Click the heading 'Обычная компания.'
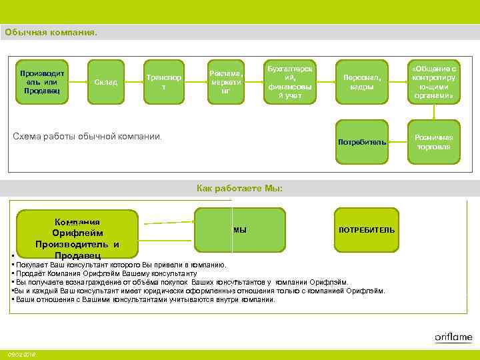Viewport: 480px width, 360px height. pyautogui.click(x=51, y=31)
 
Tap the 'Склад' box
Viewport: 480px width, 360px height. pyautogui.click(x=106, y=82)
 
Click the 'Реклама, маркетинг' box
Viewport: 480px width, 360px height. pyautogui.click(x=226, y=82)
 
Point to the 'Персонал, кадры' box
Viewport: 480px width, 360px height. pyautogui.click(x=362, y=82)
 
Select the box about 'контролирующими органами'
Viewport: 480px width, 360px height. pyautogui.click(x=433, y=82)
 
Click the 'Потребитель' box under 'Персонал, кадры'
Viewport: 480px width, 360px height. pyautogui.click(x=362, y=142)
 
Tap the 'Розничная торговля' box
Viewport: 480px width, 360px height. pyautogui.click(x=433, y=142)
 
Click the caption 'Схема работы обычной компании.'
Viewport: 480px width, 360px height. pyautogui.click(x=88, y=137)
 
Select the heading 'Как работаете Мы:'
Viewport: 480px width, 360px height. pyautogui.click(x=240, y=189)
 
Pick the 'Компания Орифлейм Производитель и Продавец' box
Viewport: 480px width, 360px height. pyautogui.click(x=78, y=234)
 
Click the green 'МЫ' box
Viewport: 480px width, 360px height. pyautogui.click(x=240, y=230)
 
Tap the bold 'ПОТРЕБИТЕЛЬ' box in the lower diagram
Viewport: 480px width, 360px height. pyautogui.click(x=367, y=230)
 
